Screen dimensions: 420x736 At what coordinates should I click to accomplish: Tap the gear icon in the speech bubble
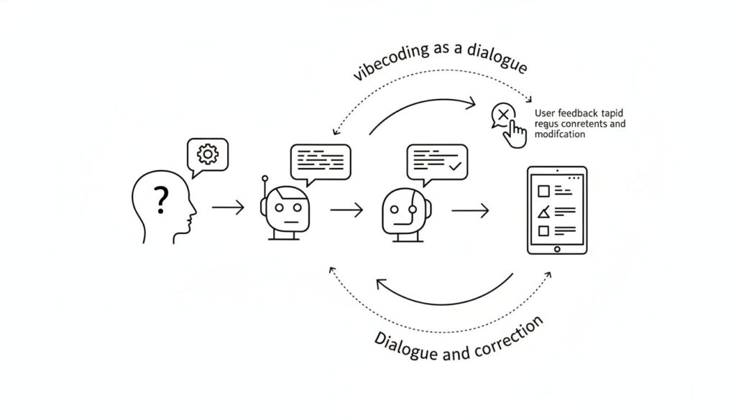click(207, 154)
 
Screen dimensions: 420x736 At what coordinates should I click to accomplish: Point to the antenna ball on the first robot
click(264, 177)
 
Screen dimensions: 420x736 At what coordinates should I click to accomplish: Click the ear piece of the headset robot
click(411, 209)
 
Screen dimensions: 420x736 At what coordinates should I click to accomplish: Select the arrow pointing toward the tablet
click(470, 210)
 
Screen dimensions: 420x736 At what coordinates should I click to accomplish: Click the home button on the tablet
click(556, 249)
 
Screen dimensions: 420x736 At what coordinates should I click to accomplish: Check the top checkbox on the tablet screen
click(544, 190)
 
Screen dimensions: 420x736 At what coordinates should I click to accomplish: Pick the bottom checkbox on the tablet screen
click(544, 230)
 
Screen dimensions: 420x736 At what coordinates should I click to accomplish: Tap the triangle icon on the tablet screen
click(544, 210)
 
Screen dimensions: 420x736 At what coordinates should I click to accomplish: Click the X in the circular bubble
click(502, 115)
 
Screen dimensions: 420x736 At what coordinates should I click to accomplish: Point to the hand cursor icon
click(515, 134)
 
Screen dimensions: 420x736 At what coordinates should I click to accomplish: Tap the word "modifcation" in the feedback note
click(560, 134)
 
